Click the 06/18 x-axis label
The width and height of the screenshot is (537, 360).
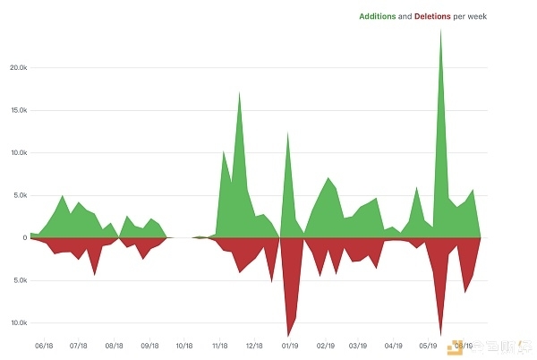[x=44, y=345]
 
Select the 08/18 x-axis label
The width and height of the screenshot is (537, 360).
[x=115, y=345]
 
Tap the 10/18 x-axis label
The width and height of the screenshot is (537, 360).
[x=184, y=345]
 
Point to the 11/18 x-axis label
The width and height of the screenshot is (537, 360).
[x=219, y=345]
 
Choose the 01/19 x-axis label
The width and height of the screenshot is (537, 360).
[x=289, y=345]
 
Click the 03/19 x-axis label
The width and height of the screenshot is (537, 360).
[x=359, y=345]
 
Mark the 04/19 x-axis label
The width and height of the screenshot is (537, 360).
[x=394, y=345]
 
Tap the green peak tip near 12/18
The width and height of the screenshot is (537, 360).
[x=239, y=93]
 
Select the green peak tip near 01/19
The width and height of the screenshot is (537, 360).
[x=287, y=133]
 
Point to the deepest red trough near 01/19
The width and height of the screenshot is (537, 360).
[x=287, y=336]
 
